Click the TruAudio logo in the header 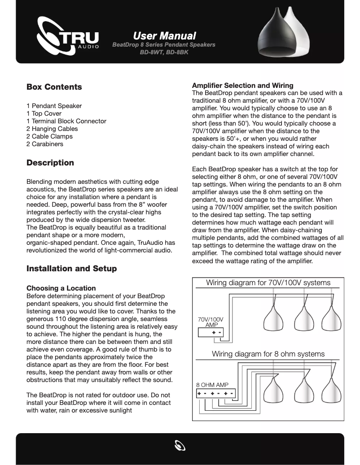(x=67, y=38)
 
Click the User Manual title (x=164, y=35)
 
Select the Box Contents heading (x=54, y=87)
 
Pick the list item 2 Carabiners (x=45, y=144)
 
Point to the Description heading (x=50, y=163)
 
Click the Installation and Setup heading (x=71, y=269)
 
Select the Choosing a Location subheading (x=61, y=288)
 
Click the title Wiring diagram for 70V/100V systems (x=268, y=282)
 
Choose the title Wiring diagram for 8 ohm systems (x=268, y=354)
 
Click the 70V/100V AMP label (x=211, y=322)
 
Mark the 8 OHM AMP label (x=212, y=385)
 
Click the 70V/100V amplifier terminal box (x=211, y=333)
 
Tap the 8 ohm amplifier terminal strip (x=215, y=394)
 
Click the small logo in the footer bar (x=180, y=446)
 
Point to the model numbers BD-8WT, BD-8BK (x=164, y=52)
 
